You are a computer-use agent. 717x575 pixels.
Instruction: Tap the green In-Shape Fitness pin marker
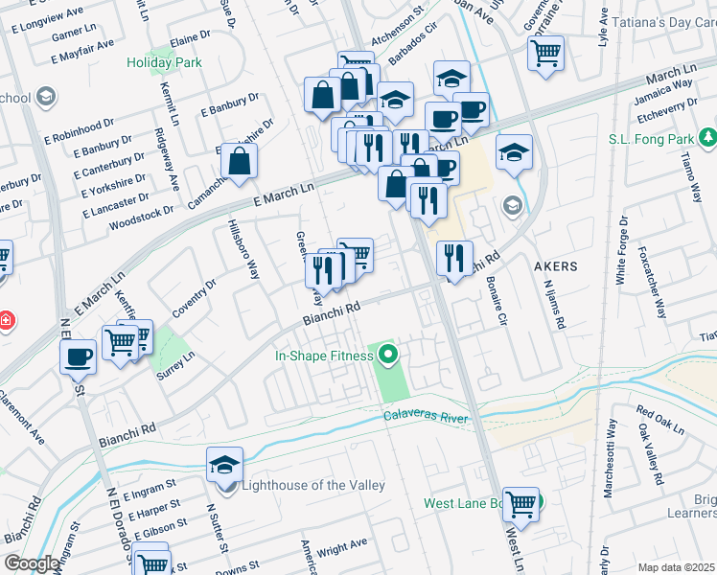(388, 356)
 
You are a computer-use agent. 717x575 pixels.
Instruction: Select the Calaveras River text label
(430, 416)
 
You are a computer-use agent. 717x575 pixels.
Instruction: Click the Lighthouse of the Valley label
(312, 485)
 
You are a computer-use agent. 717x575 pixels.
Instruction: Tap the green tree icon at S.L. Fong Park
(707, 139)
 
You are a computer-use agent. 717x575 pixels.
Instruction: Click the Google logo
(31, 563)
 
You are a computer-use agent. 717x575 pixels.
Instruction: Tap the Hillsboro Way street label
(243, 248)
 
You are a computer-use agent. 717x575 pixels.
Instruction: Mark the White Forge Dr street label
(621, 251)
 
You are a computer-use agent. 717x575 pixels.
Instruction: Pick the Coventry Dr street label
(195, 298)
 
